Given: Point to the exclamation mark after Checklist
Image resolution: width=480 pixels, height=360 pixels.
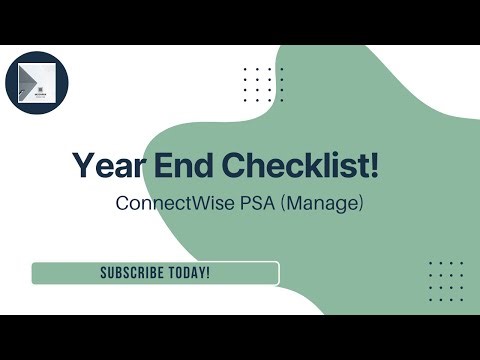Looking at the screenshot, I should click(374, 166).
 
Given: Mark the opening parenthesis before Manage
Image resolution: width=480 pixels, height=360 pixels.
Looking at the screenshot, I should click(284, 204).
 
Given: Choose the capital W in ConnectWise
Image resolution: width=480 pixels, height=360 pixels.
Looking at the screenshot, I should click(192, 203).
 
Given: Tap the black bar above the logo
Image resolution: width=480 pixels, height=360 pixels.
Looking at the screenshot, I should click(240, 22).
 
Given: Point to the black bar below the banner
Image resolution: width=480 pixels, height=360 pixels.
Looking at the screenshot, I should click(240, 337).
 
